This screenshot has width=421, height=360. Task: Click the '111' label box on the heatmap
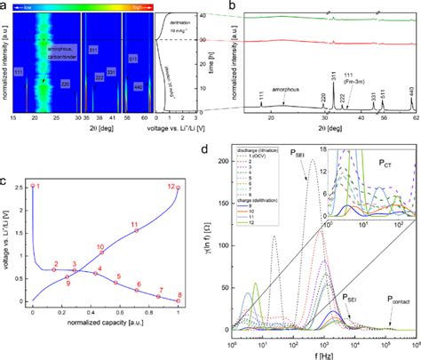[18, 94]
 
